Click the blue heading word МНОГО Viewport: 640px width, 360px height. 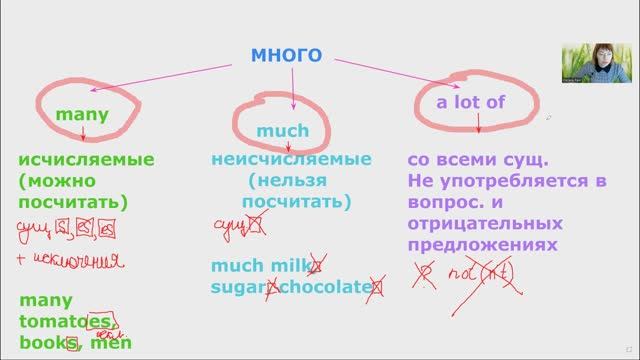[x=286, y=55]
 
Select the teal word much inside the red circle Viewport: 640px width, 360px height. [x=283, y=131]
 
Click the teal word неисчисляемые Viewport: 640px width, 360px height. [x=291, y=160]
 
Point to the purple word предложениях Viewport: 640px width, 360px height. [x=475, y=244]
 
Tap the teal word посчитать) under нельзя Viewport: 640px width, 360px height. [x=297, y=202]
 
